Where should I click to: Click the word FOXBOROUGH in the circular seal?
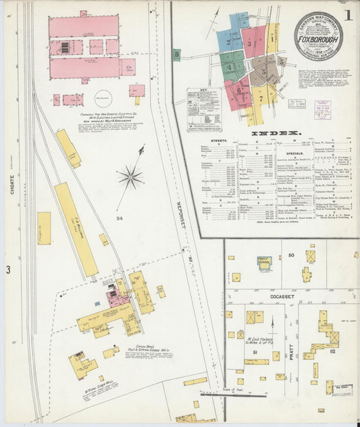coord(317,39)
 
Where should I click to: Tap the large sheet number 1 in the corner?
coord(346,13)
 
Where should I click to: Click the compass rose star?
coord(130,178)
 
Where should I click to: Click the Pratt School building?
coord(264,263)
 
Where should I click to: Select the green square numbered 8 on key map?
coord(176,54)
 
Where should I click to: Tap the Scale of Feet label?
coord(231,390)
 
